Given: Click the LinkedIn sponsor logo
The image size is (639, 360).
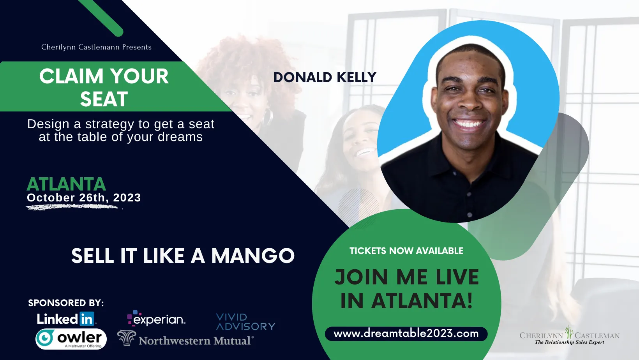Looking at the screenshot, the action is pos(67,319).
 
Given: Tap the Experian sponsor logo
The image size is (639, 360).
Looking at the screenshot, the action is pos(156,318).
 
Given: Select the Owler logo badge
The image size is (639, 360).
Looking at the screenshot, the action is pos(71,339).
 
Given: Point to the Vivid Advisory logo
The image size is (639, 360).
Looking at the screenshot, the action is pos(245,322).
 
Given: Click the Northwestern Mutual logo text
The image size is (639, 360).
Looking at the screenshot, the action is pos(195,341).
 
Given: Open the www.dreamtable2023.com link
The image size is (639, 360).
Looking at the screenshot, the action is pos(406,334).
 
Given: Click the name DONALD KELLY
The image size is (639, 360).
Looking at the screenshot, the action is pos(325,77).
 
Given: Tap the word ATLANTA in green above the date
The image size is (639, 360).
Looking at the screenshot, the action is pos(66,184).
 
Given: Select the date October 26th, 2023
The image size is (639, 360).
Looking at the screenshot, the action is pos(84,198).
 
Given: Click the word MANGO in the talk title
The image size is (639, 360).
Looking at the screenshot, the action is pos(253,256).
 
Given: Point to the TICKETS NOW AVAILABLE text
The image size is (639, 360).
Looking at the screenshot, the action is pos(406,251).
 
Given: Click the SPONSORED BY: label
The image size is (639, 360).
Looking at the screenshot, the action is pos(66,303).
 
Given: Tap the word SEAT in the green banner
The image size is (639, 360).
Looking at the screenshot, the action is pos(104,99).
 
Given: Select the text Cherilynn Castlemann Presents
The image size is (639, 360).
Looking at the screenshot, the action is pos(96,47).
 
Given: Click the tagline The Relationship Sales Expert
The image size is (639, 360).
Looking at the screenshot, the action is pos(569,342).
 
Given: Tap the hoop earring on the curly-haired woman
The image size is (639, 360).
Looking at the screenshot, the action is pos(267,117).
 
